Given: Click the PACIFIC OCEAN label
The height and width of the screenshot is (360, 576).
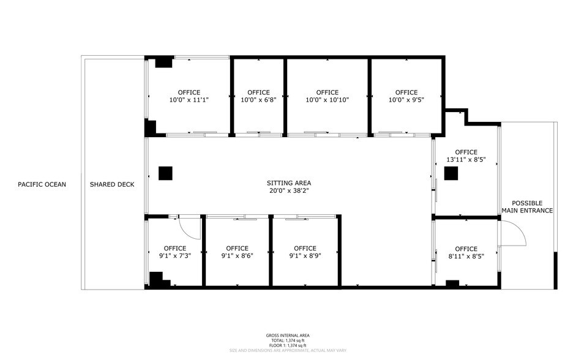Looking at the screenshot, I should (x=42, y=184).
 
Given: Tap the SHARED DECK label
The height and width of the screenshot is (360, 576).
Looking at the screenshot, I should (x=112, y=184).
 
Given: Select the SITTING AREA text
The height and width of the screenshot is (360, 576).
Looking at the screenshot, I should (x=289, y=182).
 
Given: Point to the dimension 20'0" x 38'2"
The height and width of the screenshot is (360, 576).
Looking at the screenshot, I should (x=289, y=190).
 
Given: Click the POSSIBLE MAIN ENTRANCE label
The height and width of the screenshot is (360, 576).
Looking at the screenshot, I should (x=527, y=207).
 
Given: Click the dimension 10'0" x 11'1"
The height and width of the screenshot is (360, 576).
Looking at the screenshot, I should (x=189, y=100).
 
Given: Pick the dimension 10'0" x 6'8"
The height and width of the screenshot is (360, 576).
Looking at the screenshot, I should (x=258, y=100).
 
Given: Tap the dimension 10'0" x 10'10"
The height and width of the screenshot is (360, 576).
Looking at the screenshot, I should (x=327, y=100).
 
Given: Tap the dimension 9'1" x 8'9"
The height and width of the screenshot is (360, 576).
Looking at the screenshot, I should (x=305, y=256).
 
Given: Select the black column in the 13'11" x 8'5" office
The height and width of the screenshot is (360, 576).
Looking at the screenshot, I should (x=451, y=174).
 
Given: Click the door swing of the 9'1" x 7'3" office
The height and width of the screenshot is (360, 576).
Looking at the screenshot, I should (x=190, y=230).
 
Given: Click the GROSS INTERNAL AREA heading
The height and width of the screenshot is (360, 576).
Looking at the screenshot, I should (x=288, y=336).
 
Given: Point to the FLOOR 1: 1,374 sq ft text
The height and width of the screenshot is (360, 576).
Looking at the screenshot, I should (x=288, y=345).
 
